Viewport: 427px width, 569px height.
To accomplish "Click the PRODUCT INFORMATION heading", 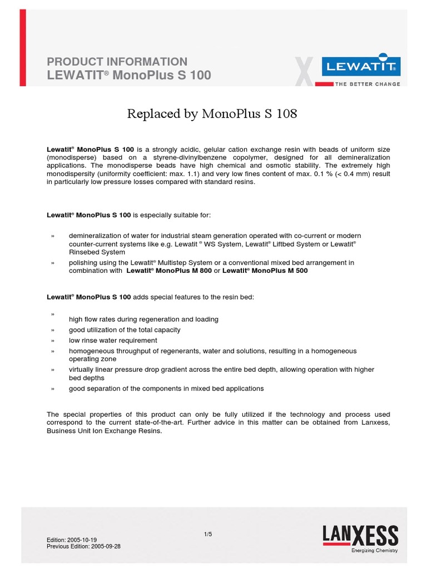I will pos(117,62).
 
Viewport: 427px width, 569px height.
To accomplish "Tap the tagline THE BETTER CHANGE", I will pos(366,84).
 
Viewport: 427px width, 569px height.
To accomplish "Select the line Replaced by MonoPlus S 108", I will pos(212,114).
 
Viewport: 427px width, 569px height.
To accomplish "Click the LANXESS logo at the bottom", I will pos(360,537).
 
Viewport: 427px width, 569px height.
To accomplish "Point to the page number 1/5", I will pos(208,534).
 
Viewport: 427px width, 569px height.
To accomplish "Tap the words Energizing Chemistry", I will pos(374,551).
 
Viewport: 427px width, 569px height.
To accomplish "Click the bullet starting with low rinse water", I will pos(113,340).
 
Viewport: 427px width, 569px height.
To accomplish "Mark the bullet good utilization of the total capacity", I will pos(125,330).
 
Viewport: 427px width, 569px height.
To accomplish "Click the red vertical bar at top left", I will pos(23,48).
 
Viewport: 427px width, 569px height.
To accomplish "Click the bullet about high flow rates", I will pos(143,319).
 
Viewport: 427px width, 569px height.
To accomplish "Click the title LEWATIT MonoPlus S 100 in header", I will pos(129,75).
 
